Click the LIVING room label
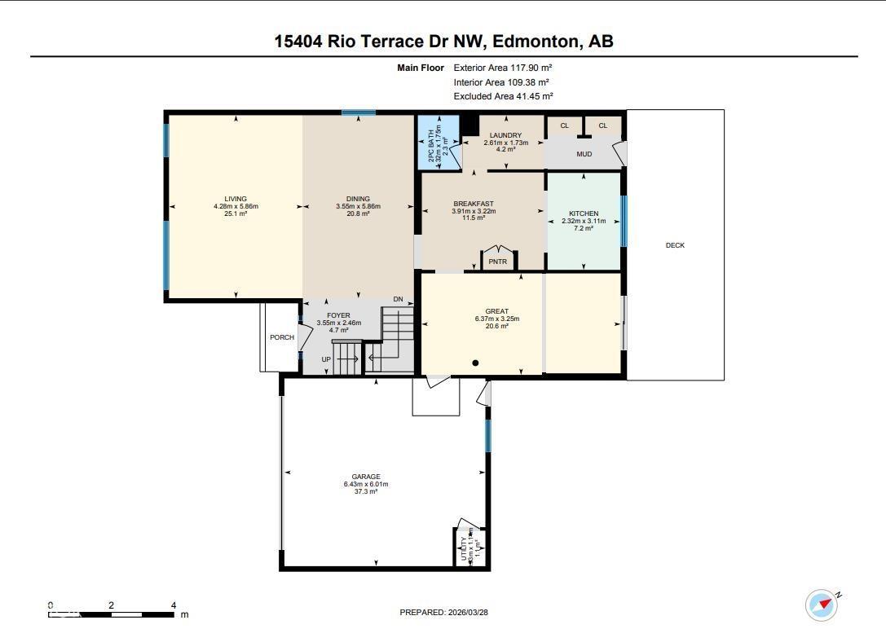pyautogui.click(x=236, y=199)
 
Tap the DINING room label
pyautogui.click(x=358, y=199)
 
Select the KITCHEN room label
pyautogui.click(x=583, y=213)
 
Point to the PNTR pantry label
pyautogui.click(x=497, y=262)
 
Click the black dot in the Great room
pyautogui.click(x=475, y=363)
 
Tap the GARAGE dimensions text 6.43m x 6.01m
pyautogui.click(x=366, y=484)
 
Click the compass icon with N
pyautogui.click(x=821, y=605)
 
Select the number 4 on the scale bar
pyautogui.click(x=174, y=605)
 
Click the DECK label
pyautogui.click(x=675, y=245)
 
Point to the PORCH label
pyautogui.click(x=282, y=337)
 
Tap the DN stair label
pyautogui.click(x=398, y=300)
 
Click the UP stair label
pyautogui.click(x=326, y=359)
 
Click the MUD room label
pyautogui.click(x=584, y=154)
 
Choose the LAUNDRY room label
pyautogui.click(x=505, y=135)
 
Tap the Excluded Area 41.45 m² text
pyautogui.click(x=503, y=96)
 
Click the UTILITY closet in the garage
pyautogui.click(x=468, y=545)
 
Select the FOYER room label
pyautogui.click(x=338, y=315)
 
